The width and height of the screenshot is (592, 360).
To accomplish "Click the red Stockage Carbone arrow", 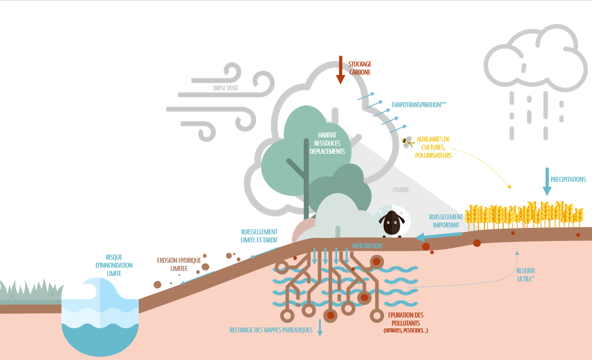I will point(340,71).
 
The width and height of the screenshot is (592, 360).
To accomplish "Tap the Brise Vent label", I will point(226,88).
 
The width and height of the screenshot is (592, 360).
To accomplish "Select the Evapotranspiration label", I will point(419,104).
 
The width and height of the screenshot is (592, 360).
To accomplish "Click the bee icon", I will point(408,143).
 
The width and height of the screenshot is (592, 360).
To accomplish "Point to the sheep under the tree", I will point(392,223).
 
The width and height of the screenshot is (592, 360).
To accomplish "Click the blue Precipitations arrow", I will point(547,181).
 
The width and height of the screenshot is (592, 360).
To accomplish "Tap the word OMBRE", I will point(401,190).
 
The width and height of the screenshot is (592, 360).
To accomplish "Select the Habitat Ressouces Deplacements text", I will point(327,143).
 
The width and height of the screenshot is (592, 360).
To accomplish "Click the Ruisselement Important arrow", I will point(438,236).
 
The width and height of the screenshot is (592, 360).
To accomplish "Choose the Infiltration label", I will point(367,246).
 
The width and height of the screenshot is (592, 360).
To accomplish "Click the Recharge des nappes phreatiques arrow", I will point(320,327).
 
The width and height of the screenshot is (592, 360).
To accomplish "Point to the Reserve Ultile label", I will point(526,275).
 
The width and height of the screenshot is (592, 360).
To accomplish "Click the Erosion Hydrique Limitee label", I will point(179,264).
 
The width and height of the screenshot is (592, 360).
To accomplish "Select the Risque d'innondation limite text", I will point(114,265).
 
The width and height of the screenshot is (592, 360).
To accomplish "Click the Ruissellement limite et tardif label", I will point(259,236).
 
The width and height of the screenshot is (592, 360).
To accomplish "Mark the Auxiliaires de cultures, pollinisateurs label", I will point(433,147).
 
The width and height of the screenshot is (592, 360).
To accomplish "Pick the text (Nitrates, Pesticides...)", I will point(405,331).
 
